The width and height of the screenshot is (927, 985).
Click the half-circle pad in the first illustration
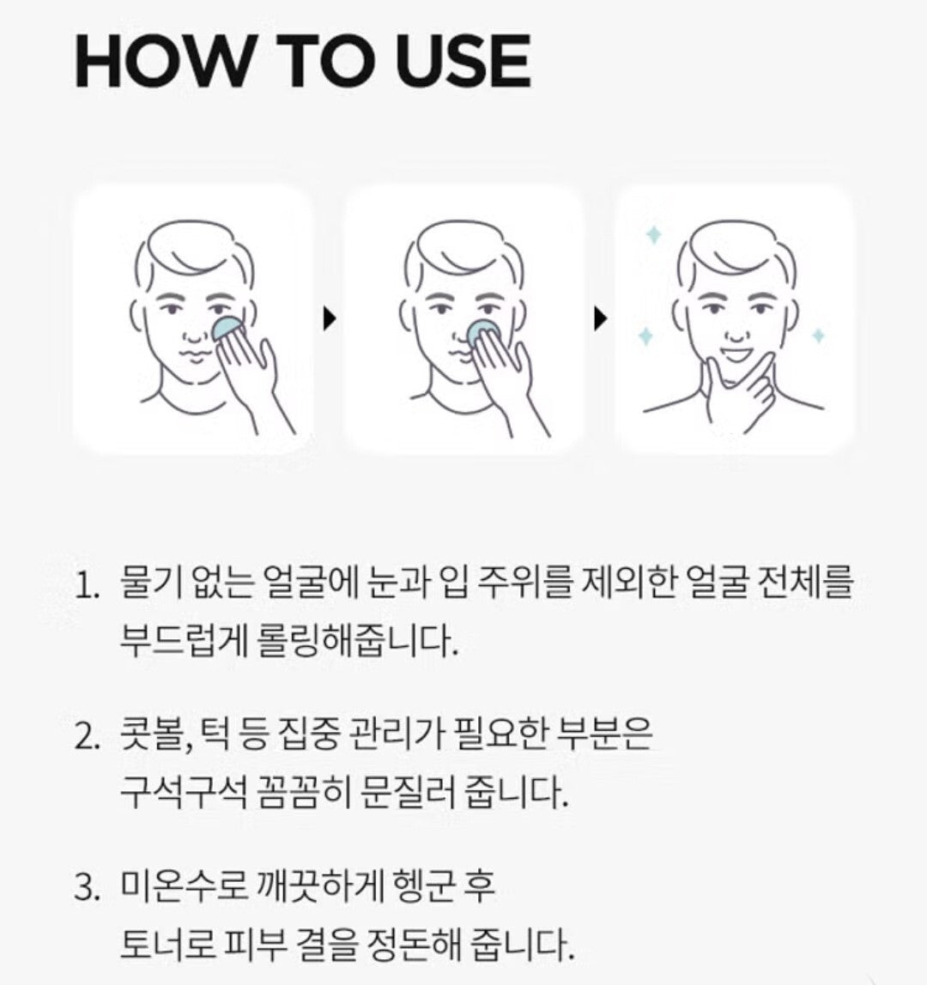(227, 328)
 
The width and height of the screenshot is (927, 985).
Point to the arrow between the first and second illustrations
(330, 319)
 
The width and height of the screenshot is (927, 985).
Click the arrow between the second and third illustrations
(601, 319)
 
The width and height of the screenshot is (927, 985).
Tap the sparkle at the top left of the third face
(653, 236)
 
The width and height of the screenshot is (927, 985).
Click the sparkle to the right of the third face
(818, 336)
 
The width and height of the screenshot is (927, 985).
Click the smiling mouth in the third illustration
(734, 355)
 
